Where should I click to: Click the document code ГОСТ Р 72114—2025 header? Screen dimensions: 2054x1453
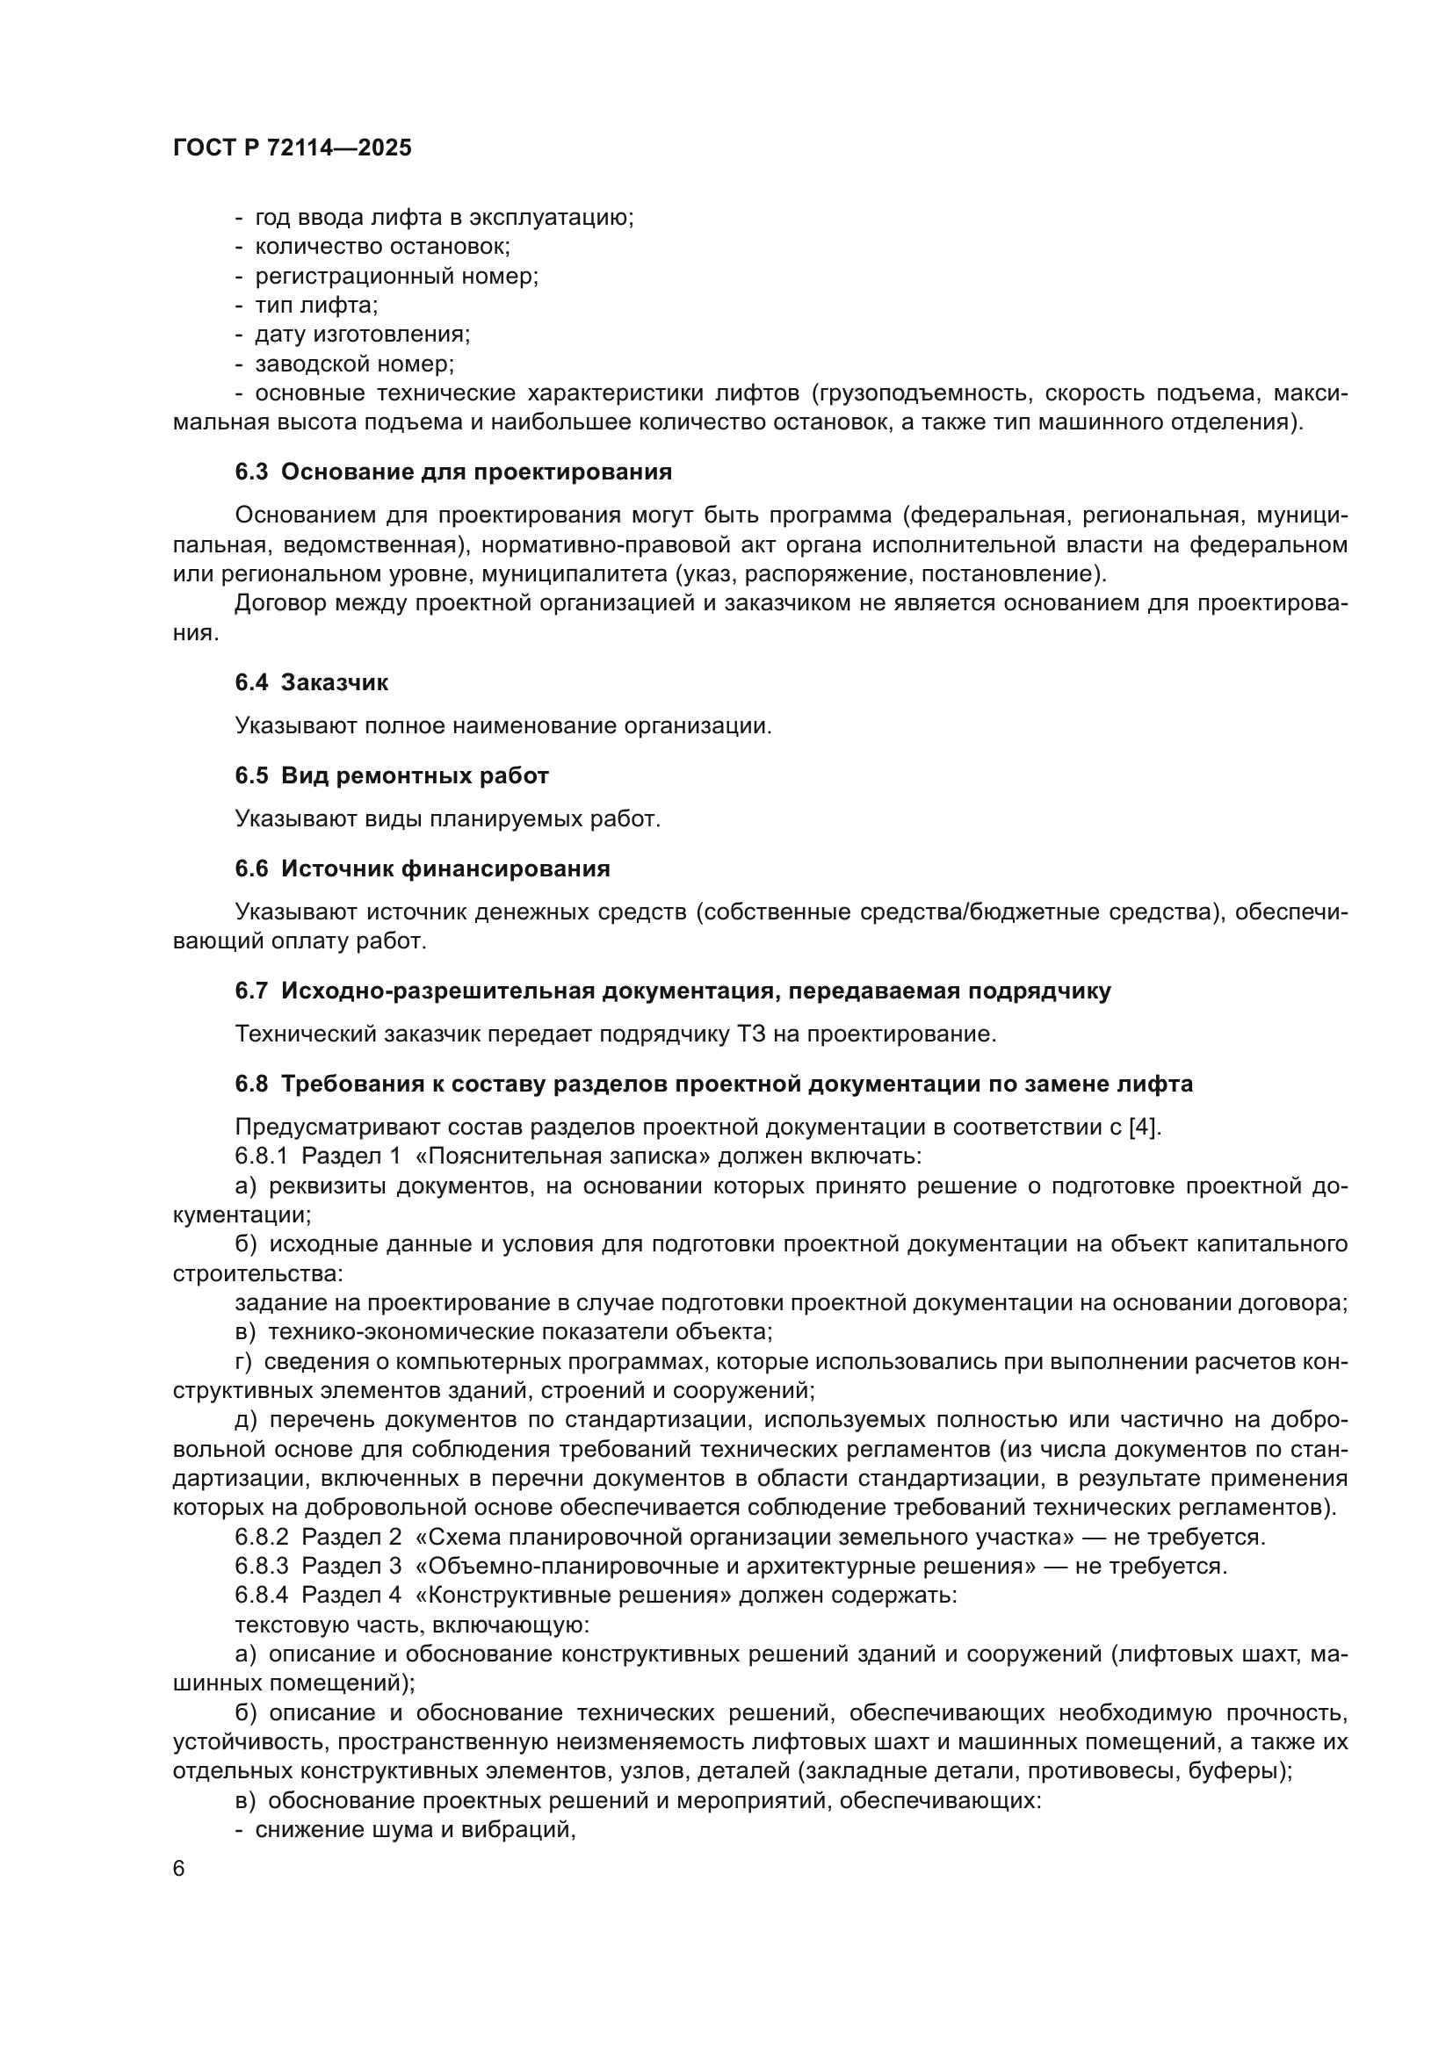click(x=293, y=148)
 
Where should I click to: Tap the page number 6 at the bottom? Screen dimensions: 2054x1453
click(x=179, y=1869)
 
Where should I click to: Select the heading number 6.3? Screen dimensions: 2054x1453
click(x=251, y=472)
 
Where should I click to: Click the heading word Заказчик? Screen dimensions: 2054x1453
click(x=335, y=682)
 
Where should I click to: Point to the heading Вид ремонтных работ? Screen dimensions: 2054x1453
click(x=415, y=775)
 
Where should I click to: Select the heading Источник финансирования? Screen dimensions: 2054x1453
click(x=445, y=868)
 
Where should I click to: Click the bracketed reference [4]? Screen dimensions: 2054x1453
click(x=1144, y=1128)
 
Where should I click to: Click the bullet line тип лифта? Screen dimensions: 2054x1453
click(x=316, y=305)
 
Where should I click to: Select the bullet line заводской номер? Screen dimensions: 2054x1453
click(x=354, y=364)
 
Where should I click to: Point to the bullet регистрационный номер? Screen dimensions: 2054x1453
click(x=396, y=276)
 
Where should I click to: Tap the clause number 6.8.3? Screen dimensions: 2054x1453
click(x=262, y=1567)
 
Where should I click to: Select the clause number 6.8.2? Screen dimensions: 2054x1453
click(x=262, y=1538)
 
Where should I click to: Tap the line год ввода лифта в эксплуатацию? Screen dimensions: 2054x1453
click(x=444, y=218)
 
